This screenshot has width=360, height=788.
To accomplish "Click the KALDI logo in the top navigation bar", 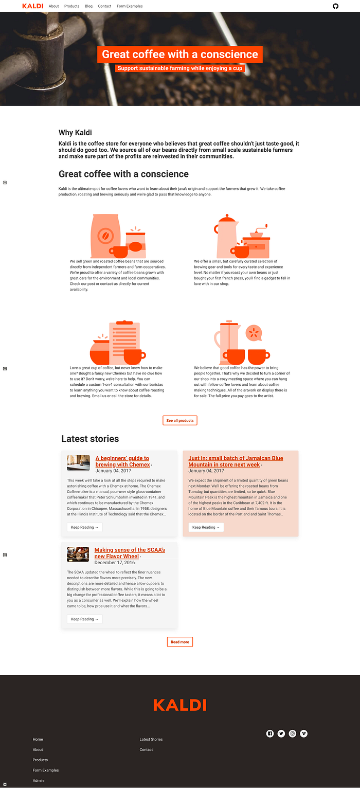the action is [33, 6].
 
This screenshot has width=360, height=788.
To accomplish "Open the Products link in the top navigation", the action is [72, 6].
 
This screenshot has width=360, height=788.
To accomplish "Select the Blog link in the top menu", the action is [88, 6].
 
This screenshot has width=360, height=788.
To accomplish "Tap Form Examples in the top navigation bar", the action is [130, 6].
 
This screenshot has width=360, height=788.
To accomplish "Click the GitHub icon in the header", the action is [335, 6].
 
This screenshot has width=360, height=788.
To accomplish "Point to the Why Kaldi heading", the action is [75, 133].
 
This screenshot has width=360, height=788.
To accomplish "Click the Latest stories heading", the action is [90, 439].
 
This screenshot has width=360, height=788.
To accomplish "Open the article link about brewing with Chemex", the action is [122, 461].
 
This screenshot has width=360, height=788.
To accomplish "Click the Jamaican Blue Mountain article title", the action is [236, 461].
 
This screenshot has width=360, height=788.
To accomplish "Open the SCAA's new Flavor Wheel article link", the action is [130, 553].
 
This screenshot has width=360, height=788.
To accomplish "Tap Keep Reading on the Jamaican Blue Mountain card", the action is [206, 527].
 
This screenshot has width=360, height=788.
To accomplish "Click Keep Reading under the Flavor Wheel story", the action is [84, 619].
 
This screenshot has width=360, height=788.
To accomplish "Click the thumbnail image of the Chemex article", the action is [78, 462].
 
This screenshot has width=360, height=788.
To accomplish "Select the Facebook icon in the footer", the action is [270, 733].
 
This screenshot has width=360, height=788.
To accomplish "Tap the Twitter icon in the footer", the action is [281, 733].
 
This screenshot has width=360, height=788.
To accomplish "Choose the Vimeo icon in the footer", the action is [304, 733].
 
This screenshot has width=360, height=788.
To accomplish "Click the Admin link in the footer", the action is [38, 781].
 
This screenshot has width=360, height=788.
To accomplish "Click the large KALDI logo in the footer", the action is [180, 705].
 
